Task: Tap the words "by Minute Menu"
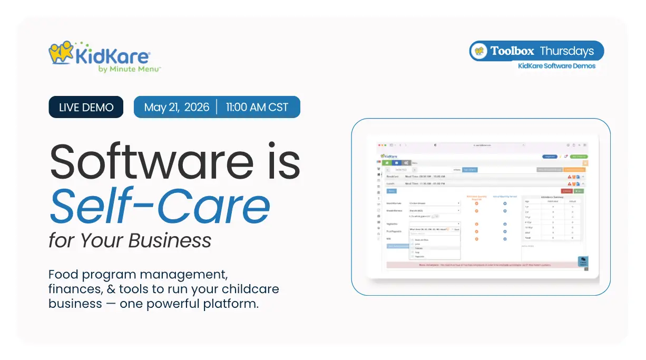pyautogui.click(x=129, y=69)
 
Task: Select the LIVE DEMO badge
pyautogui.click(x=86, y=107)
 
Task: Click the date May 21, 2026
pyautogui.click(x=176, y=107)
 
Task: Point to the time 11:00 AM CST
pyautogui.click(x=257, y=107)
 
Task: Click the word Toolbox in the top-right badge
pyautogui.click(x=512, y=51)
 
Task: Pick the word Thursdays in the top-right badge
pyautogui.click(x=566, y=51)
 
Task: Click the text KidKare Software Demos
pyautogui.click(x=556, y=66)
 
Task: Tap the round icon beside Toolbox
pyautogui.click(x=479, y=51)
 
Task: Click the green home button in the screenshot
pyautogui.click(x=387, y=162)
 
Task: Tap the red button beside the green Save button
pyautogui.click(x=566, y=191)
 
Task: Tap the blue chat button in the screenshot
pyautogui.click(x=583, y=261)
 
